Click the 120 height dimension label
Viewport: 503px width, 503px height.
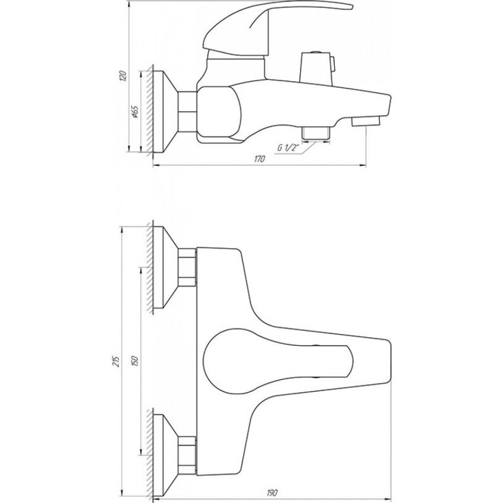click(x=123, y=77)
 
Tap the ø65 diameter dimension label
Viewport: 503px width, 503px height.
click(x=135, y=112)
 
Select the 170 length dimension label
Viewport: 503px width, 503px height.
click(x=260, y=158)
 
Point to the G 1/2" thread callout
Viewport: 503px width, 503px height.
click(x=288, y=148)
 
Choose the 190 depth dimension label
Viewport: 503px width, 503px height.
click(x=272, y=492)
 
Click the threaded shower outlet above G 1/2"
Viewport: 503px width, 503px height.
click(x=317, y=134)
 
